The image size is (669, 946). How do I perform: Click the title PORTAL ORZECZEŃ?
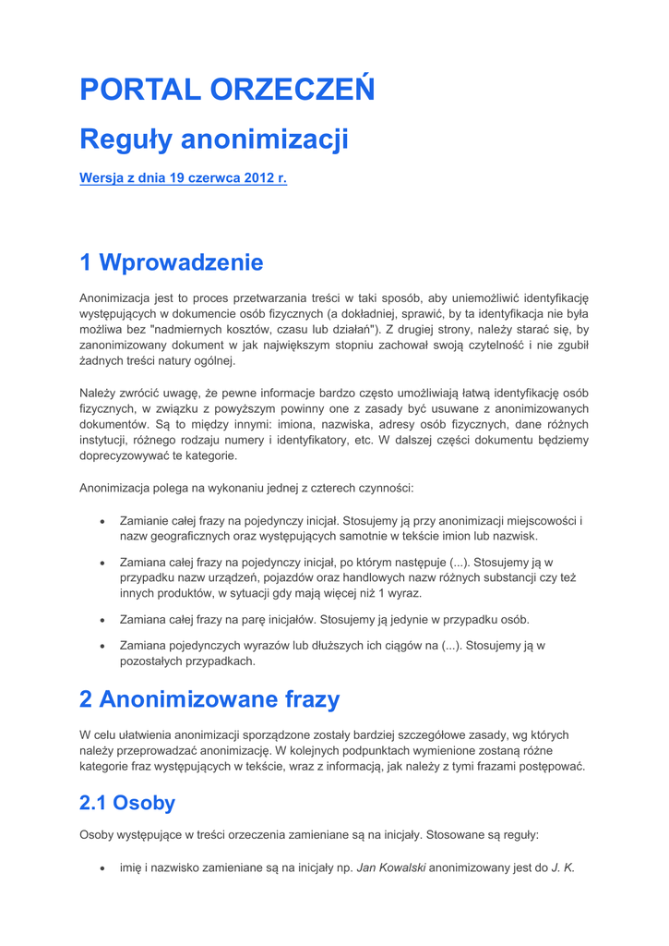point(227,90)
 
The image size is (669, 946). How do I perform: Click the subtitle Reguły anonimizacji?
point(214,139)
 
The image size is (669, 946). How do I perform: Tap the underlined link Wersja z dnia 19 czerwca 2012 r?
point(183,178)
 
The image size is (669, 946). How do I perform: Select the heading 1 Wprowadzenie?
point(171,262)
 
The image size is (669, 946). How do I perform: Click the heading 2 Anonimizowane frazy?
point(209,699)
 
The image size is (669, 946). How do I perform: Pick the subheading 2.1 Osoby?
point(127,803)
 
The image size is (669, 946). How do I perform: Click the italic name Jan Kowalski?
point(391,867)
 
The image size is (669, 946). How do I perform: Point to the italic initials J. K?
point(563,867)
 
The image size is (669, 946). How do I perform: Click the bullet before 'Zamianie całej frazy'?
point(102,521)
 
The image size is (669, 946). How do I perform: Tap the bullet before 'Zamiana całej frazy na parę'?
point(102,619)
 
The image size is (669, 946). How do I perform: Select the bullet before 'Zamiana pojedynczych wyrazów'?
point(102,646)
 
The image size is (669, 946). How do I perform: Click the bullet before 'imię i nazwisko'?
point(102,867)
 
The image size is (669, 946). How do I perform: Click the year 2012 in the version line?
point(259,178)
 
